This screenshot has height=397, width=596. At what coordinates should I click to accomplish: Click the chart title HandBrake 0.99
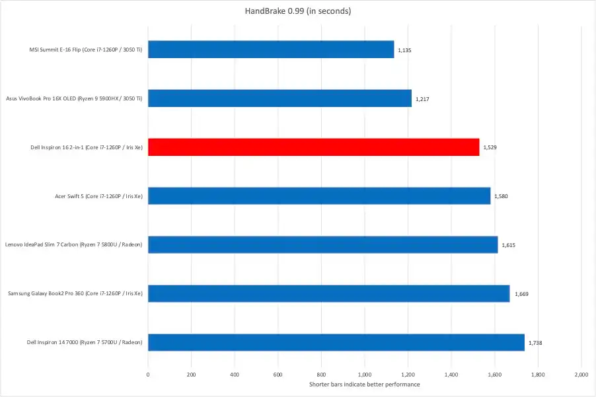click(x=297, y=11)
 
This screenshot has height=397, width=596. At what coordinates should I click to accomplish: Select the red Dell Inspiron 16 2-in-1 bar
click(x=313, y=147)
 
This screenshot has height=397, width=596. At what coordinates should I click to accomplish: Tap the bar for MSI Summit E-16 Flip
click(x=271, y=50)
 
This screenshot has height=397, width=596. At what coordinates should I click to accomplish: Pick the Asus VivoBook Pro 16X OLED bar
click(x=279, y=98)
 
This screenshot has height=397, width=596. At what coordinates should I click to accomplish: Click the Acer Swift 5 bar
click(x=319, y=196)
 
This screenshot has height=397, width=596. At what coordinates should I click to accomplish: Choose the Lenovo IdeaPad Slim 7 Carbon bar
click(x=322, y=244)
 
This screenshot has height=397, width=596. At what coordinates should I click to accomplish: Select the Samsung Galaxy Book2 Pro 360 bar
click(x=328, y=293)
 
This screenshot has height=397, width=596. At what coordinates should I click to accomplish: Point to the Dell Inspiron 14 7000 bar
click(x=336, y=342)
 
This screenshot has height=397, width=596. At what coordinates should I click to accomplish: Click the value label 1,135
click(x=404, y=50)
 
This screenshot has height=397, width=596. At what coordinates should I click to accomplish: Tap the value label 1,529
click(x=490, y=147)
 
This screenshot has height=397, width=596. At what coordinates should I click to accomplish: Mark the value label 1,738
click(x=535, y=343)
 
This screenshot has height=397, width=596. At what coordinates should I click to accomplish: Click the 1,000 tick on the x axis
click(x=364, y=375)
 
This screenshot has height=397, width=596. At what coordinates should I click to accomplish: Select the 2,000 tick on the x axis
click(x=580, y=375)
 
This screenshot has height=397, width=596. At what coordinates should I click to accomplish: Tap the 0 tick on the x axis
click(x=148, y=375)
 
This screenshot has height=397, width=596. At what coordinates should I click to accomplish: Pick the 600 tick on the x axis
click(x=278, y=375)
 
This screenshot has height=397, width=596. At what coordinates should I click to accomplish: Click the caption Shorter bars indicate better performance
click(x=364, y=384)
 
